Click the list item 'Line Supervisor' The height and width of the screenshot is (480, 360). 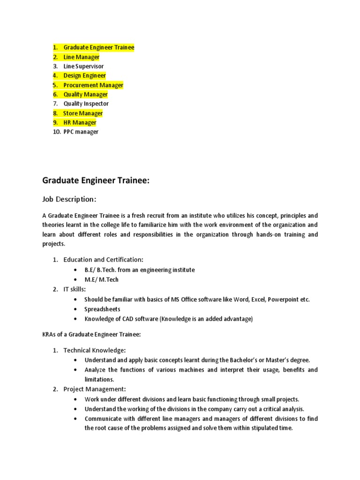pos(83,67)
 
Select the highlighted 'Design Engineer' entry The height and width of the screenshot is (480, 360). pos(84,75)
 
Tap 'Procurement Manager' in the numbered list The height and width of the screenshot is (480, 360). pos(93,85)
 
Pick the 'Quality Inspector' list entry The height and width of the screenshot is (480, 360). pos(86,104)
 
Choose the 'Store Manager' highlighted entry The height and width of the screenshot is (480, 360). pos(83,113)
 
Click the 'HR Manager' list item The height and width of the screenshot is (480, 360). pos(80,123)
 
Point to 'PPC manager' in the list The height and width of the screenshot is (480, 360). pos(81,132)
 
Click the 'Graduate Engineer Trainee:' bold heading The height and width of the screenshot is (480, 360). pos(96,180)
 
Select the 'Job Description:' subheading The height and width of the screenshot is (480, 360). pos(69,199)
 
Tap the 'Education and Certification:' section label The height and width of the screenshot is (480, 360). pos(104,260)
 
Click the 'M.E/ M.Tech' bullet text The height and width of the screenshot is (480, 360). pos(101,280)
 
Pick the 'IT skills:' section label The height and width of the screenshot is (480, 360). pos(75,289)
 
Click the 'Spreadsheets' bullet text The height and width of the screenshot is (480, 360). pos(102,309)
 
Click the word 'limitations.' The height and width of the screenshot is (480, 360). pos(99,379)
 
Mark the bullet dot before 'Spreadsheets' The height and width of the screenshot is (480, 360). pos(75,309)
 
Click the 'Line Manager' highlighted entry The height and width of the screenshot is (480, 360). pos(82,57)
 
